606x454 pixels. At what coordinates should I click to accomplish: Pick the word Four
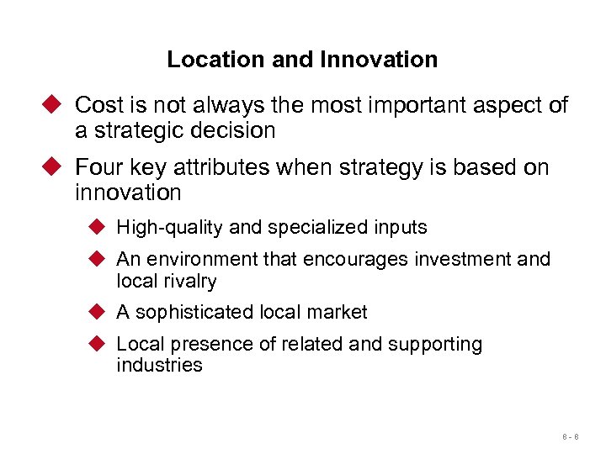(x=98, y=167)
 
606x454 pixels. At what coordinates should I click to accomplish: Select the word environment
(x=205, y=260)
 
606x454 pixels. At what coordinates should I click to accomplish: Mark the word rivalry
(x=190, y=281)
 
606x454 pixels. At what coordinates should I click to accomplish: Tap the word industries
(x=159, y=365)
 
